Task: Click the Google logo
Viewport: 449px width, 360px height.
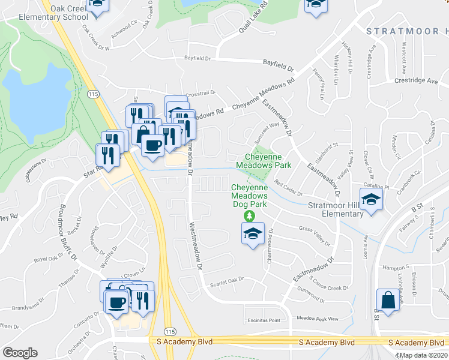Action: coord(20,353)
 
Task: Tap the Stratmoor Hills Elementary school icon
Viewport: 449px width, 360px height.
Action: coord(371,200)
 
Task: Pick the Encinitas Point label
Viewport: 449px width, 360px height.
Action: coord(264,320)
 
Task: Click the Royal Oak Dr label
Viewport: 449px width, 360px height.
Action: coord(49,259)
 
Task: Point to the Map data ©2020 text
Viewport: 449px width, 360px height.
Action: coord(423,355)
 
